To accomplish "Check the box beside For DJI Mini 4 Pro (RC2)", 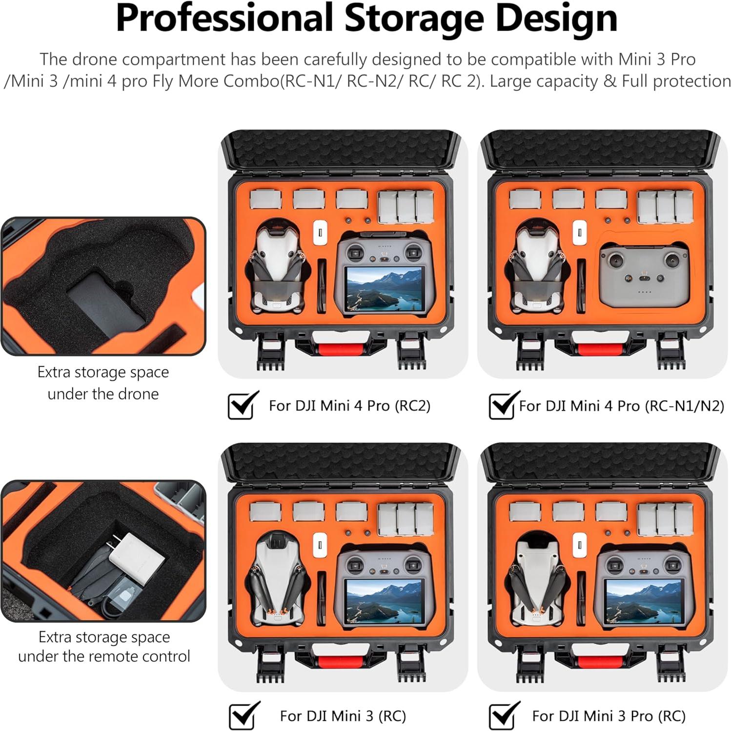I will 242,406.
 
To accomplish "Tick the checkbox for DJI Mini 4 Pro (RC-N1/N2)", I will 502,406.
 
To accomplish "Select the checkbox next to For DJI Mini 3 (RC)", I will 243,716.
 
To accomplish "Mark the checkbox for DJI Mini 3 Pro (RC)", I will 502,716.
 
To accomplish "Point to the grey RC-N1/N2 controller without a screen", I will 644,276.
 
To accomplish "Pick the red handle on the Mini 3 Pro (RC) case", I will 600,662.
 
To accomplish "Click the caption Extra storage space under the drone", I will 103,383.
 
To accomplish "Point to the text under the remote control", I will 104,656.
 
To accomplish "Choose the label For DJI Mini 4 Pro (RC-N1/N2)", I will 621,406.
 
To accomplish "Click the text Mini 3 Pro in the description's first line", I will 656,60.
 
